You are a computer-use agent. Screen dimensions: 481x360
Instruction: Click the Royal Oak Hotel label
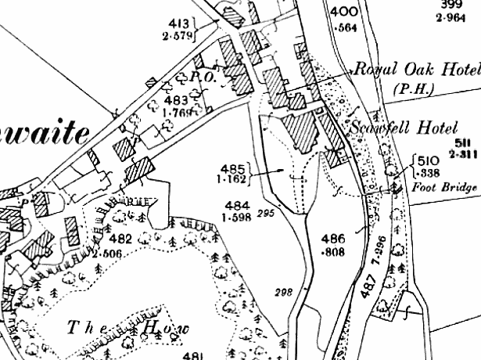click(x=415, y=70)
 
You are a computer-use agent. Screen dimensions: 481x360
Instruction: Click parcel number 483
click(x=176, y=99)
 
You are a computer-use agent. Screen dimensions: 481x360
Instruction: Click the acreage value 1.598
click(x=235, y=217)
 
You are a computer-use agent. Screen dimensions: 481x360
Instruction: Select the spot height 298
click(x=283, y=293)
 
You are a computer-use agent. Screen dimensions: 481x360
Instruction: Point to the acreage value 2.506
click(x=108, y=253)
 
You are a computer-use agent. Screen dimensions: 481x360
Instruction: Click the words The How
click(x=129, y=328)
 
